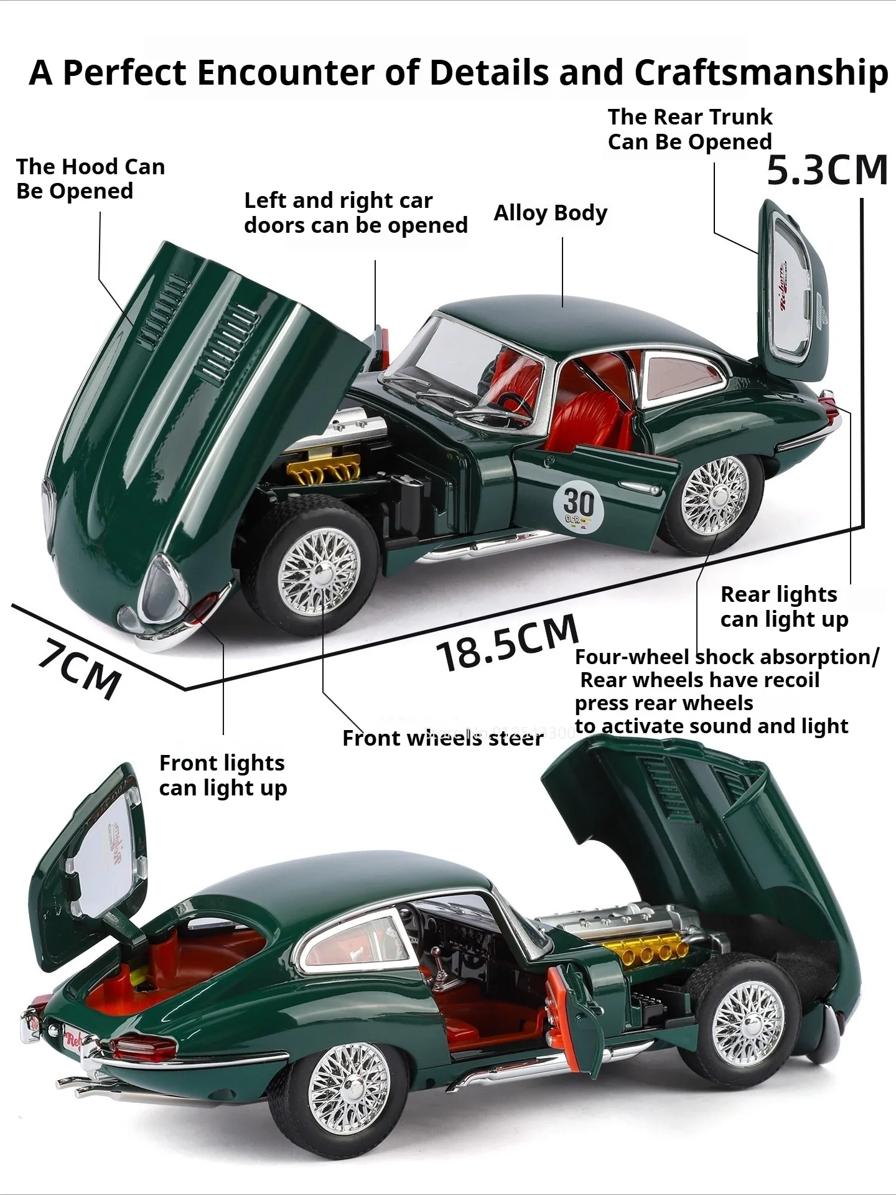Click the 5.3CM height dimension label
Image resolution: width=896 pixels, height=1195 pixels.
[x=826, y=170]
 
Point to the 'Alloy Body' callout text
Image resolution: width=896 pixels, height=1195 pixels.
[x=550, y=213]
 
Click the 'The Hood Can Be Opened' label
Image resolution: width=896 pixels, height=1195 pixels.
[x=90, y=179]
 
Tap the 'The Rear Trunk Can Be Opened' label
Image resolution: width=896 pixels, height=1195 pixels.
[x=689, y=129]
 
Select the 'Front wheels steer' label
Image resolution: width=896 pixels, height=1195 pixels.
[x=442, y=738]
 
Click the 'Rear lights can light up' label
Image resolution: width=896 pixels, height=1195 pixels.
[x=784, y=607]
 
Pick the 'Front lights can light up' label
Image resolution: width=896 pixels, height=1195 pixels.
[x=223, y=776]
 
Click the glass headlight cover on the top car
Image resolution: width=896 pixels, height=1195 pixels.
[x=160, y=587]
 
